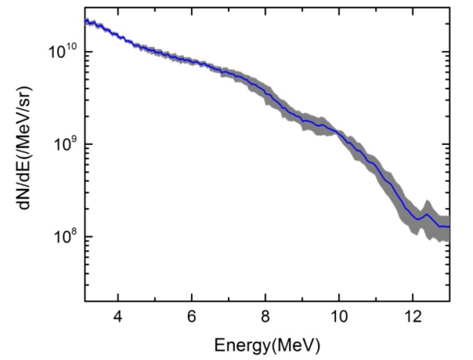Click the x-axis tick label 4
pyautogui.click(x=118, y=317)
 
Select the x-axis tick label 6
pyautogui.click(x=192, y=317)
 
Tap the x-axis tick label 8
pyautogui.click(x=266, y=317)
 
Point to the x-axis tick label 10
pyautogui.click(x=339, y=317)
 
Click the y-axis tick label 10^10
pyautogui.click(x=59, y=52)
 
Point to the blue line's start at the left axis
pyautogui.click(x=86, y=21)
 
